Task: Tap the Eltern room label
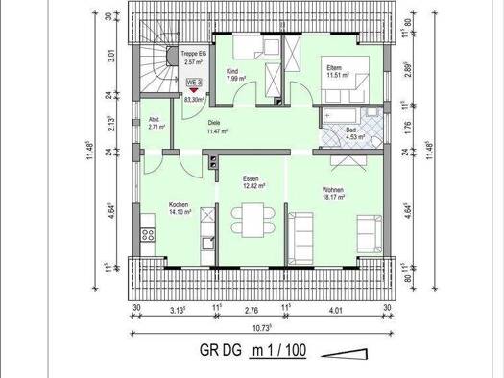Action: coord(334,67)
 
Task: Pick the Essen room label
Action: coord(252,178)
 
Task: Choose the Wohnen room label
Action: coord(332,190)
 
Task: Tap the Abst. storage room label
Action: coord(156,121)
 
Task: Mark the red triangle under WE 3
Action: coord(195,91)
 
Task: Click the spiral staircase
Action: coord(155,71)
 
